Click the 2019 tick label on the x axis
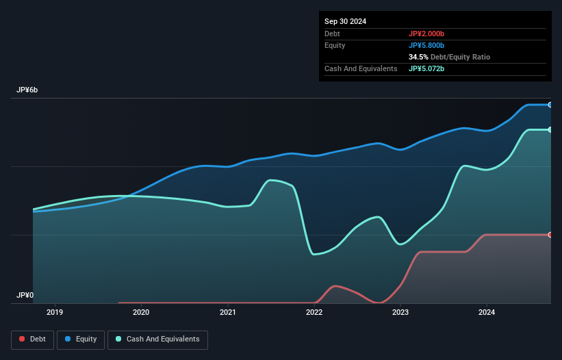[x=55, y=312]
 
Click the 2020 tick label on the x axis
[x=141, y=312]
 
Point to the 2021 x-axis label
[x=228, y=312]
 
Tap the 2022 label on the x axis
[x=314, y=312]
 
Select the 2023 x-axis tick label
[x=400, y=312]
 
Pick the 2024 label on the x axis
[x=487, y=312]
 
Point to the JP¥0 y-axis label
[x=25, y=296]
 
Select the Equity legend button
[x=80, y=339]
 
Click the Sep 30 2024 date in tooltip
[x=346, y=21]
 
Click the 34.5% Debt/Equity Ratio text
[x=449, y=57]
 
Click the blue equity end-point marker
[x=550, y=105]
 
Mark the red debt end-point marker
[x=550, y=235]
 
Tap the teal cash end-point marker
[x=550, y=129]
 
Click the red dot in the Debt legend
[x=23, y=339]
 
